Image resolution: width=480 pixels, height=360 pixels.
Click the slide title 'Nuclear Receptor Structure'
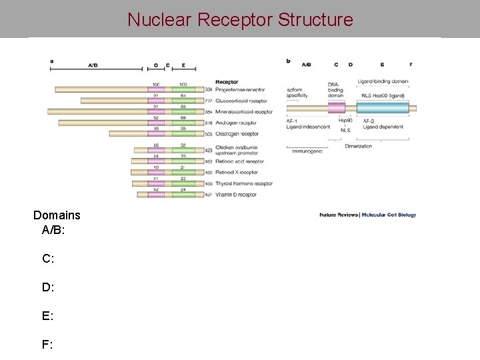pyautogui.click(x=240, y=19)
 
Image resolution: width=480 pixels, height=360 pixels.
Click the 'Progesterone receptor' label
pyautogui.click(x=240, y=89)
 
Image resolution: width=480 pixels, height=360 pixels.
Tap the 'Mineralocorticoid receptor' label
pyautogui.click(x=245, y=112)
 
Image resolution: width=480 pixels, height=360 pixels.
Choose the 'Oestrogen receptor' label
pyautogui.click(x=237, y=134)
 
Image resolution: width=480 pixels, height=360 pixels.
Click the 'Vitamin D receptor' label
pyautogui.click(x=237, y=195)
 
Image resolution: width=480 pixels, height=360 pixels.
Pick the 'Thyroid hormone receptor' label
pyautogui.click(x=244, y=183)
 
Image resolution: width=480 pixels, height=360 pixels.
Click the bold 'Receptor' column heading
pyautogui.click(x=227, y=82)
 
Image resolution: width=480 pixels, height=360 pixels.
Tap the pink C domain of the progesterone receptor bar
pyautogui.click(x=156, y=89)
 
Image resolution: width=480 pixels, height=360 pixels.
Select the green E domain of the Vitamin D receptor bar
pyautogui.click(x=183, y=195)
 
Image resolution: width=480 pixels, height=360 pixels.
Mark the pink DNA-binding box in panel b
pyautogui.click(x=336, y=108)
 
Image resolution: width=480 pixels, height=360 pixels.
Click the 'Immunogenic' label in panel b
pyautogui.click(x=307, y=151)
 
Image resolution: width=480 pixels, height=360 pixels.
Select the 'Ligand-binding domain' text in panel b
pyautogui.click(x=383, y=81)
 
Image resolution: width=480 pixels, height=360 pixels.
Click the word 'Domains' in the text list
pyautogui.click(x=57, y=215)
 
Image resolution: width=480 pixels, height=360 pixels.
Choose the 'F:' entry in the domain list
pyautogui.click(x=48, y=345)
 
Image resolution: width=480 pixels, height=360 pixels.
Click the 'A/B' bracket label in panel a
pyautogui.click(x=93, y=65)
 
